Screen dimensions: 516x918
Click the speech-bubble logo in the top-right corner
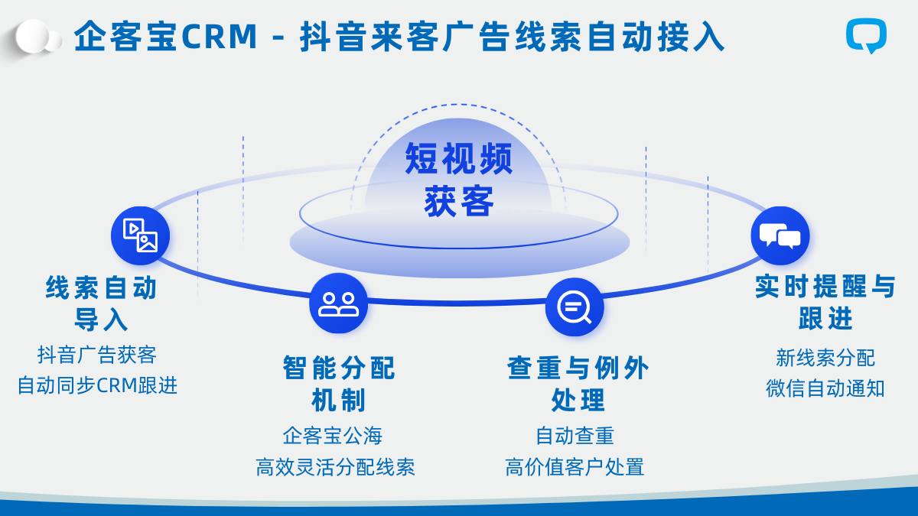[867, 36]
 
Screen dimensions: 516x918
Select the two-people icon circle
[338, 303]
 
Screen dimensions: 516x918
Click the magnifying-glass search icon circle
[575, 307]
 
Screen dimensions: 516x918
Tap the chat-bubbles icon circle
[780, 236]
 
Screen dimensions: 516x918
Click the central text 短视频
[459, 159]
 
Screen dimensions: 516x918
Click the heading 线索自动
[102, 288]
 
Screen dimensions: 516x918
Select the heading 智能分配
[339, 368]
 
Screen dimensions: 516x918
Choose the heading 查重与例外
[578, 368]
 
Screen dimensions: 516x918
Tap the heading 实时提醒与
[825, 287]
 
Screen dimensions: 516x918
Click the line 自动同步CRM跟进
[98, 385]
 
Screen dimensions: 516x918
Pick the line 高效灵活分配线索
[335, 467]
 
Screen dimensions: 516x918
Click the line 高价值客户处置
[575, 466]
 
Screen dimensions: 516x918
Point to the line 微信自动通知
[825, 388]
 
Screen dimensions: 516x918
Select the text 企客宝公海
[333, 436]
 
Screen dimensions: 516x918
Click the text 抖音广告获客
[97, 355]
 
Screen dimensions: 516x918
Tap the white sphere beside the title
[35, 37]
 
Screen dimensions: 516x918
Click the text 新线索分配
[825, 357]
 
